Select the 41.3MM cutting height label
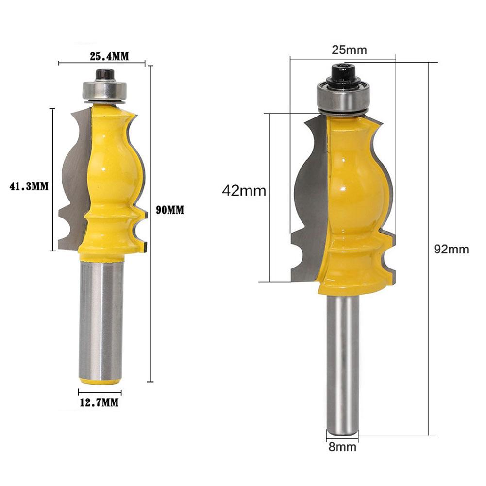(29, 186)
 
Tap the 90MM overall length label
(170, 210)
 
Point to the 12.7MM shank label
(100, 402)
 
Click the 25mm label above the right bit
(349, 50)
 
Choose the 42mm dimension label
(244, 191)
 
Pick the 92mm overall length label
(451, 249)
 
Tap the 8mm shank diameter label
(342, 447)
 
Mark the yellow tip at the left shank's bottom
(101, 381)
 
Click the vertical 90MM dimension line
(151, 291)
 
